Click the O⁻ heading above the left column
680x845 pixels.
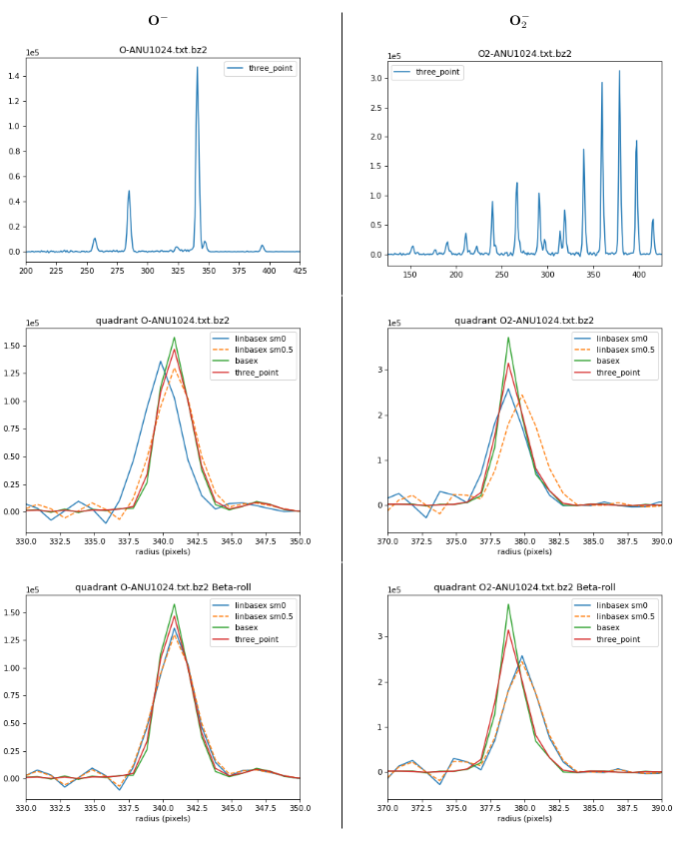pos(157,21)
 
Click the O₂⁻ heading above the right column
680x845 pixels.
pos(518,21)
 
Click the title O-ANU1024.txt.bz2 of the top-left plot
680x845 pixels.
pos(163,50)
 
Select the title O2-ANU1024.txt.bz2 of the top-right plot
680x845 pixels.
pos(524,54)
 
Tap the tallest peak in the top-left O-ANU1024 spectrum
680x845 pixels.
pos(197,68)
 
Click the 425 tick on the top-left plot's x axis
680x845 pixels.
pos(300,271)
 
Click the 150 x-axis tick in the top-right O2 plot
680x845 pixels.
pos(410,274)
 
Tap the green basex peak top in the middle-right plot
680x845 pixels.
pos(508,338)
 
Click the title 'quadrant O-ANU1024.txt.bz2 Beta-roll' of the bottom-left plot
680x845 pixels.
pos(163,587)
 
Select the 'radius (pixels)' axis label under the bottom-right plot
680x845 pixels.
pos(524,818)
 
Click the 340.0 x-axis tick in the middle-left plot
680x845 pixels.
pos(163,540)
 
